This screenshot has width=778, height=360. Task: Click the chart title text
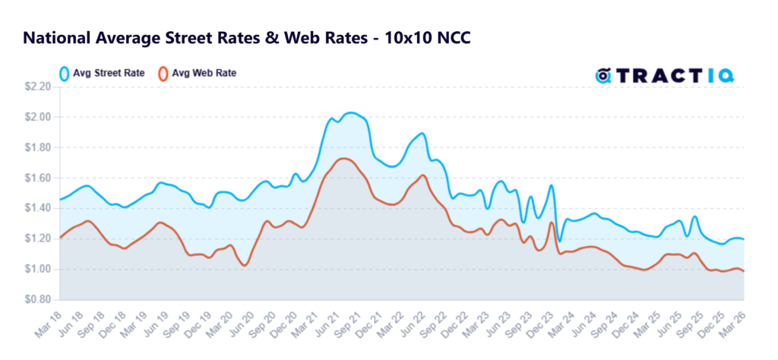tap(247, 37)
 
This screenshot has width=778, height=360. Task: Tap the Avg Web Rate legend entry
tap(195, 74)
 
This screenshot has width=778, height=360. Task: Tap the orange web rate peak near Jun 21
tap(343, 158)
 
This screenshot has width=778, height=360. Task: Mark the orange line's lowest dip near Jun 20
tap(243, 265)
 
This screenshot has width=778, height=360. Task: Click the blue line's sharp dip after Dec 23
tap(560, 242)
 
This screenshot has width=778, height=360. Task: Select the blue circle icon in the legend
tap(65, 74)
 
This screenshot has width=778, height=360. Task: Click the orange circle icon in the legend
tap(162, 74)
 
